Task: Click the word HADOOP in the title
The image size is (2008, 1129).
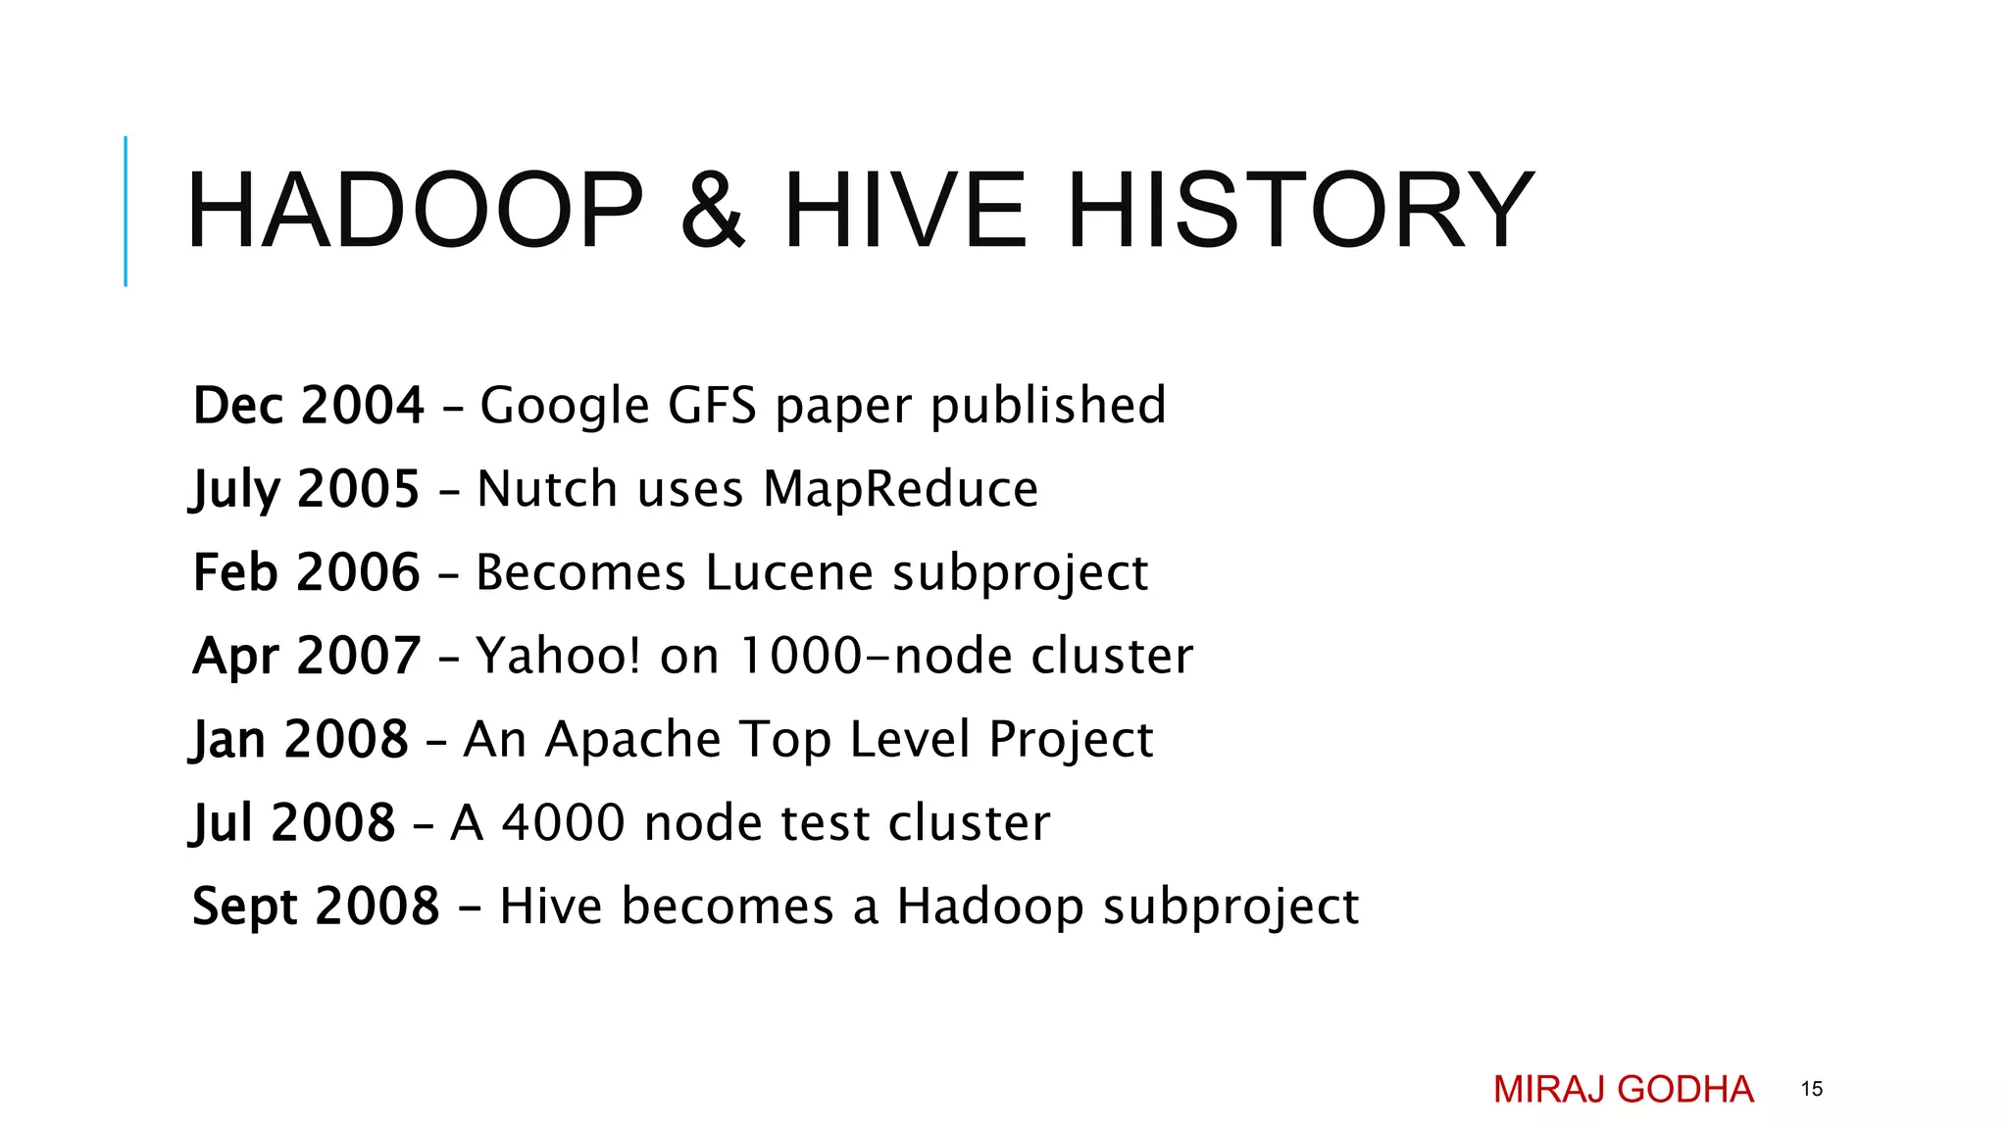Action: tap(415, 211)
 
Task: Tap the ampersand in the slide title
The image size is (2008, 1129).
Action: tap(713, 211)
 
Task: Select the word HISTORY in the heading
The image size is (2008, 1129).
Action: tap(1300, 211)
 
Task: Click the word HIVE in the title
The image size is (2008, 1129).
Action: tap(905, 211)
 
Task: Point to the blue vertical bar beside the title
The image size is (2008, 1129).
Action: tap(125, 211)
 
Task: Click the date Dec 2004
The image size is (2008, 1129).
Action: tap(308, 405)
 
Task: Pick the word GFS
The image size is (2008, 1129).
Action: tap(712, 405)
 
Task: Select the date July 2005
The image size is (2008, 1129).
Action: tap(306, 489)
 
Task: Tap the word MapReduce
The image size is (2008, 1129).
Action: tap(900, 489)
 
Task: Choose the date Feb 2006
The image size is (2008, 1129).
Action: tap(307, 572)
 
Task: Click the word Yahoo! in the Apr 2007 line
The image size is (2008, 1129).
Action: tap(558, 656)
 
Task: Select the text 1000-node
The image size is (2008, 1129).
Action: tap(875, 656)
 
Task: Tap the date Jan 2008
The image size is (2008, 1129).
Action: tap(300, 739)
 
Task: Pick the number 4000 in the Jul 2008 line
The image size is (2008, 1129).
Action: tap(563, 822)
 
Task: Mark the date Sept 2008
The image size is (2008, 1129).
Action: tap(316, 907)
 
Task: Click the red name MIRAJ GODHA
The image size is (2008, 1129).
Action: tap(1623, 1089)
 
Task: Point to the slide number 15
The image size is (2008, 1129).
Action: tap(1811, 1089)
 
